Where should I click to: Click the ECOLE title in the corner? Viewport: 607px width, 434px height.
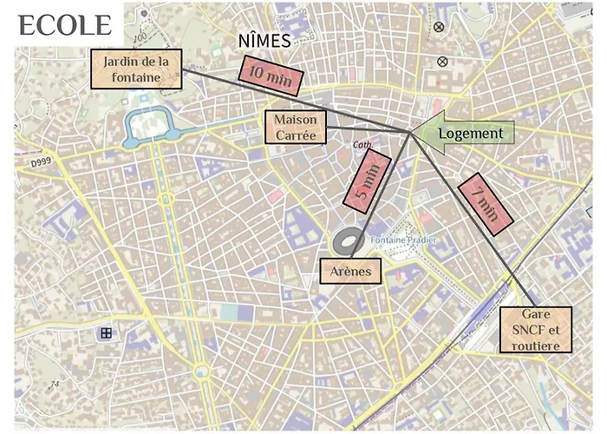64,25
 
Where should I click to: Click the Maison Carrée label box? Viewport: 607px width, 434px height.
295,128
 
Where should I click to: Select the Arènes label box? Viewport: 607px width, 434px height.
350,272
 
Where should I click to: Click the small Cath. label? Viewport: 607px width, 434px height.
362,145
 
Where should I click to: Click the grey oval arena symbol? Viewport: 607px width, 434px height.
348,240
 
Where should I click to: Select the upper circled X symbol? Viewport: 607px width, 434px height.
439,27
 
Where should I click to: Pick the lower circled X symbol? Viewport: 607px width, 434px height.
443,61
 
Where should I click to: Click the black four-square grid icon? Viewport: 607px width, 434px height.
106,332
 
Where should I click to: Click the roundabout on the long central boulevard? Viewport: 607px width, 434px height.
202,372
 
